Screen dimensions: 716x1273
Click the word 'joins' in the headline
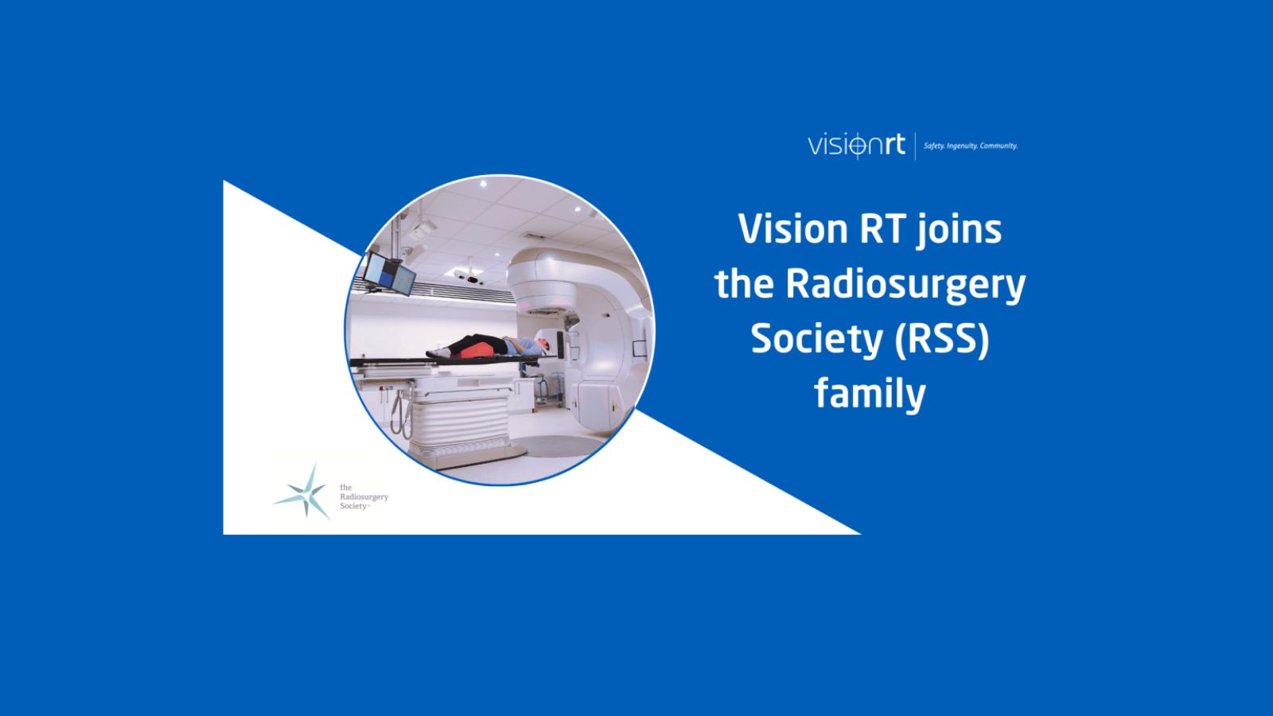pos(959,231)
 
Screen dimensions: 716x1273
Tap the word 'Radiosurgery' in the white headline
pos(905,284)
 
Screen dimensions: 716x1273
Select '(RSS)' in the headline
pos(942,339)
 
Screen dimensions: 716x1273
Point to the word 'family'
pos(870,394)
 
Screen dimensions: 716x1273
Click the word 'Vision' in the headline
pos(792,229)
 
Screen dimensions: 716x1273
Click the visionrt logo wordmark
pos(856,146)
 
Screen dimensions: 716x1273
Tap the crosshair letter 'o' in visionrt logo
pos(857,146)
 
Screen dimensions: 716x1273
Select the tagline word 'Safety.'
pos(934,146)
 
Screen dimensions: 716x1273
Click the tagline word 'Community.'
pos(999,146)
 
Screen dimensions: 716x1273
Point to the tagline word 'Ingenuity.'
pos(962,146)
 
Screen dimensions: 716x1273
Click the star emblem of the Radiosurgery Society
pos(304,492)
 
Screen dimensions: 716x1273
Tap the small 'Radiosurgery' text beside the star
pos(364,496)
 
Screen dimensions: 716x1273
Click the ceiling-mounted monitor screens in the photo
pos(389,273)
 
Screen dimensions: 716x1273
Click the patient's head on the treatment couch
pos(540,344)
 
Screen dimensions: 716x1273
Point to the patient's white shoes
pos(434,352)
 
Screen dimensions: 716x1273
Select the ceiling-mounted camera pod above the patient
pos(470,277)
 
